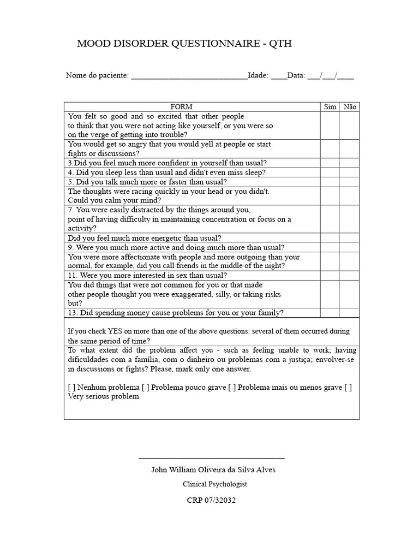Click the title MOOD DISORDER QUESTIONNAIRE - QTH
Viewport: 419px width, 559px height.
184,44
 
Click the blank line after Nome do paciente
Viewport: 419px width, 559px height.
189,76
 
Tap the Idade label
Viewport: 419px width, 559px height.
258,75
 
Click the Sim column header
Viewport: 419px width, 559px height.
330,107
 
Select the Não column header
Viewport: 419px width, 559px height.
350,107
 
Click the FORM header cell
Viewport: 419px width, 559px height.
182,107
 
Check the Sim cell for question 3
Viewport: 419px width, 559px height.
330,163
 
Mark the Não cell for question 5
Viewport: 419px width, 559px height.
350,182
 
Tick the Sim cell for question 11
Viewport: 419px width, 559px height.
330,276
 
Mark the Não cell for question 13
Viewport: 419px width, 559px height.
350,313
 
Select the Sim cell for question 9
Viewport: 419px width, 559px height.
330,247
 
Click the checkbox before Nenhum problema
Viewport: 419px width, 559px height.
72,387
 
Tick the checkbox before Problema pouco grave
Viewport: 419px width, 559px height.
145,387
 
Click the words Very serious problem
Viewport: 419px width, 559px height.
103,397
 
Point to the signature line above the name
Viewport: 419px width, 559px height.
212,457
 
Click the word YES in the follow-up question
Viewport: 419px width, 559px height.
107,331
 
